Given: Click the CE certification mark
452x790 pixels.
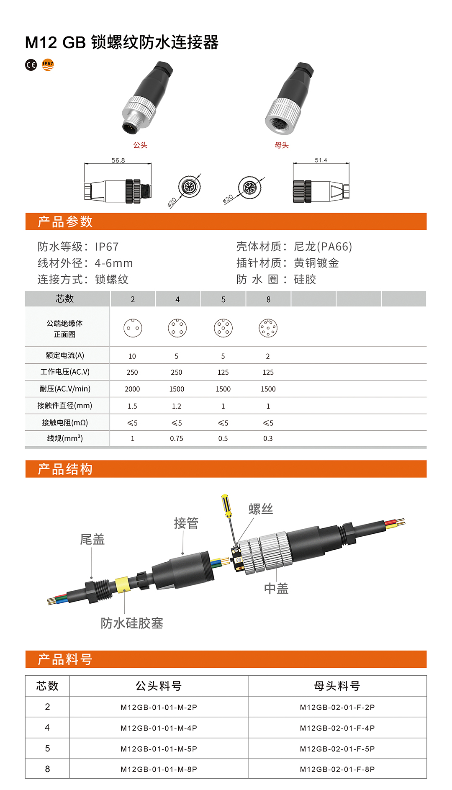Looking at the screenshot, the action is pyautogui.click(x=31, y=65).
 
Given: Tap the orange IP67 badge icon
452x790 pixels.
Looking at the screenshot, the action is pyautogui.click(x=48, y=65).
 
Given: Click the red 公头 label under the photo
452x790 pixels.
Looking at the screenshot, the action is pyautogui.click(x=140, y=145).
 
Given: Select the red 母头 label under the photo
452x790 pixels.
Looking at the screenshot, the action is pyautogui.click(x=282, y=145).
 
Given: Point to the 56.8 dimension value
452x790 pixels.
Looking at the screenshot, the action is pyautogui.click(x=118, y=160).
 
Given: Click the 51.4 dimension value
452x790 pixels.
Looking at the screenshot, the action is pyautogui.click(x=321, y=160).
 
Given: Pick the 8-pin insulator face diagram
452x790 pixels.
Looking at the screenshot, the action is pyautogui.click(x=268, y=328).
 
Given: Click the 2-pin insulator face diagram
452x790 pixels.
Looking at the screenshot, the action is pyautogui.click(x=133, y=328).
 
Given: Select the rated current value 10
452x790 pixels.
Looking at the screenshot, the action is pyautogui.click(x=132, y=356).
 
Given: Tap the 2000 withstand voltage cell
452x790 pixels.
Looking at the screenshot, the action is pyautogui.click(x=132, y=389).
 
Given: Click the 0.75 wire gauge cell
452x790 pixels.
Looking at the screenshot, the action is pyautogui.click(x=177, y=438).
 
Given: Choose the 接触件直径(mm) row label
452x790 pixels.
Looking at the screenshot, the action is pyautogui.click(x=65, y=405).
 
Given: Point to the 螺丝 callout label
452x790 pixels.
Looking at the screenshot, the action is pyautogui.click(x=261, y=509).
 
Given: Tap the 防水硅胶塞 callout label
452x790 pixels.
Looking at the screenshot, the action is pyautogui.click(x=132, y=623).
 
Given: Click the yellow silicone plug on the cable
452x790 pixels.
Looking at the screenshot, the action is pyautogui.click(x=122, y=585).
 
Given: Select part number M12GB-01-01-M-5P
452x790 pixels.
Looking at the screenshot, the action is pyautogui.click(x=159, y=749).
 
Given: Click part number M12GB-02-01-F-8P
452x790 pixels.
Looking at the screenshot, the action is pyautogui.click(x=337, y=769).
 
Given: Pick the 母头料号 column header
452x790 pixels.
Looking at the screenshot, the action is pyautogui.click(x=337, y=686).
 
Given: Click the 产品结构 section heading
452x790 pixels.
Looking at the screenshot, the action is pyautogui.click(x=65, y=469).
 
